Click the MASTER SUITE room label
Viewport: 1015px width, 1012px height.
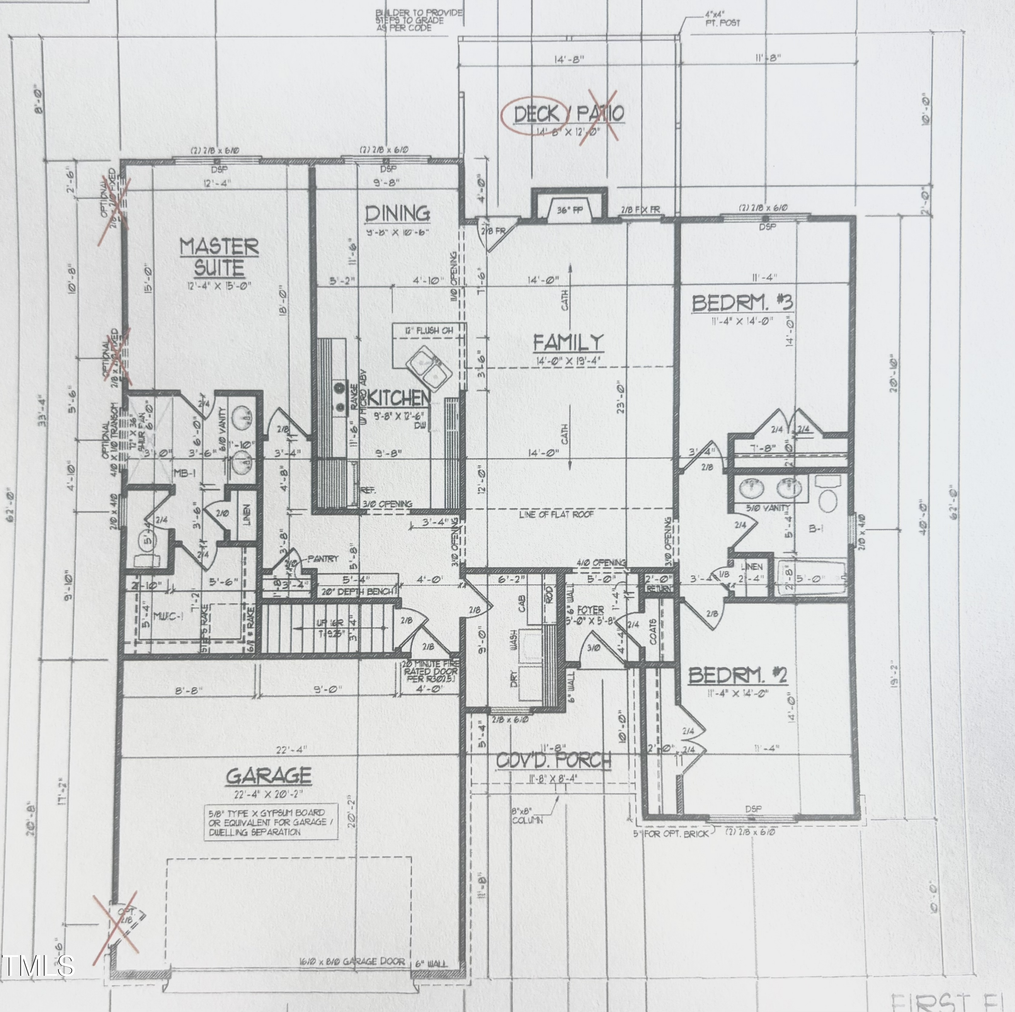tap(219, 257)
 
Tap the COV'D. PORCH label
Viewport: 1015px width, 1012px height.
tap(554, 760)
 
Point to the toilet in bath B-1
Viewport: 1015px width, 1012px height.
tap(828, 495)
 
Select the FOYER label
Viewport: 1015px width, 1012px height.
tap(590, 610)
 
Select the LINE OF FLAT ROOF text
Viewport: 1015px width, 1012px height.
tap(556, 514)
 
